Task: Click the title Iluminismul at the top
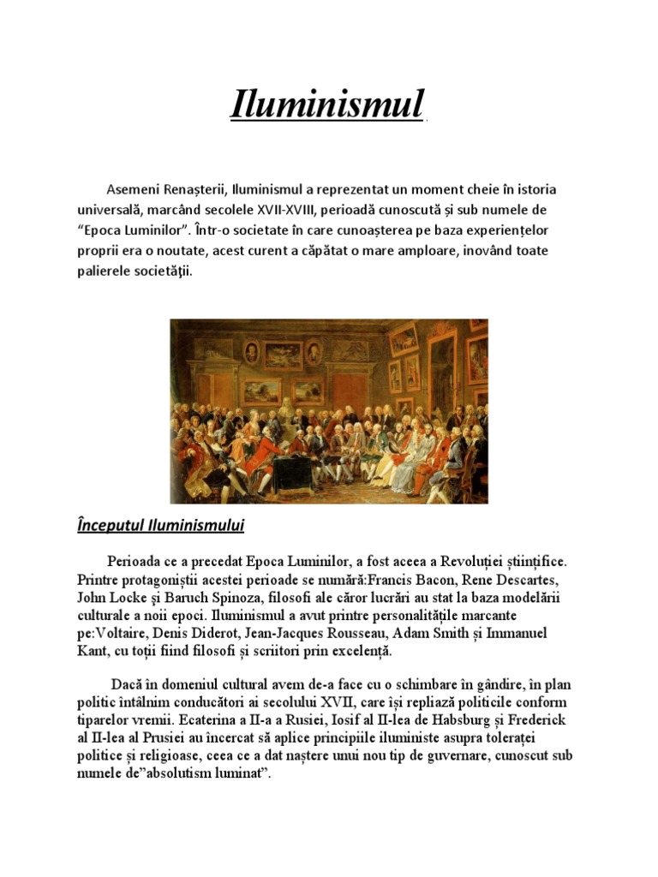click(328, 104)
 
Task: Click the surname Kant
click(93, 653)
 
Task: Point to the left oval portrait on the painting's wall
click(251, 351)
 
